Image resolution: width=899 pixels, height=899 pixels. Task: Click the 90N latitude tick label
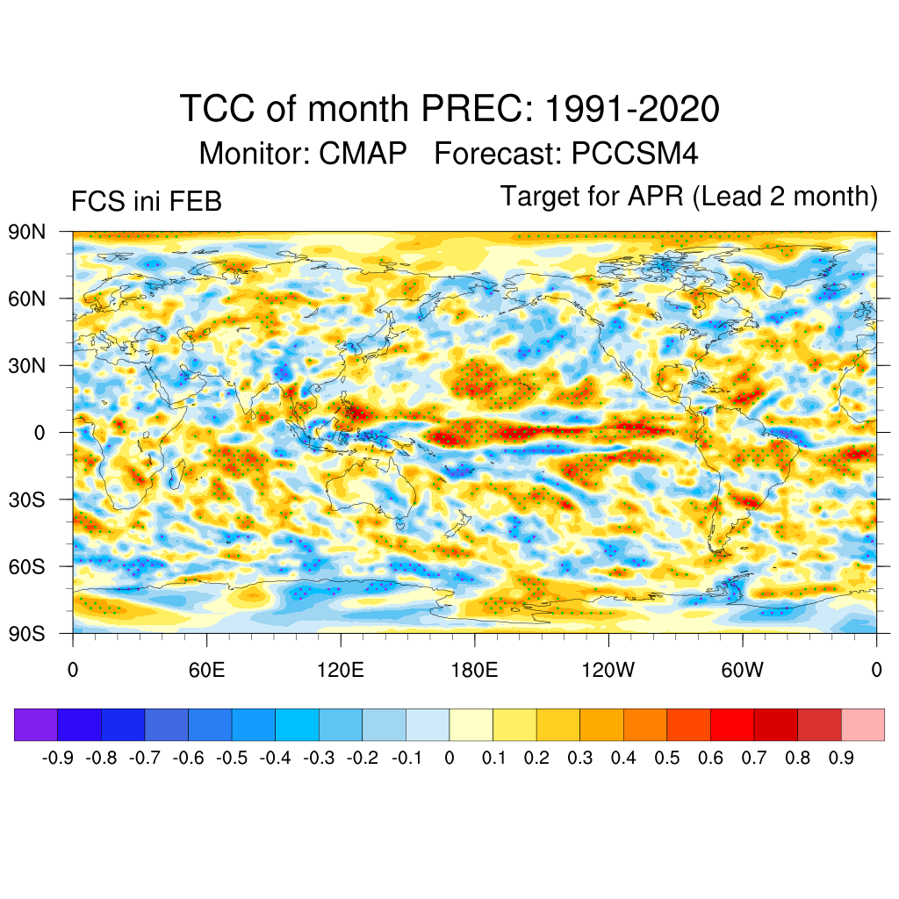click(x=27, y=232)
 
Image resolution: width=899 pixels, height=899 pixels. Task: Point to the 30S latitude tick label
click(x=27, y=500)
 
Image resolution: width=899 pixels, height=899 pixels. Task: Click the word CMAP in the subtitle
click(x=363, y=154)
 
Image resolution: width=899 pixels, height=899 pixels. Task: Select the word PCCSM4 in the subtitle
click(x=635, y=154)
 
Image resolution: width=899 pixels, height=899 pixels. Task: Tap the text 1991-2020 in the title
click(x=632, y=110)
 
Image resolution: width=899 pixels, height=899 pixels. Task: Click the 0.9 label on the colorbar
click(x=841, y=758)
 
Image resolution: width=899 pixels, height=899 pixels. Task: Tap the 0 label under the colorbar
click(x=449, y=758)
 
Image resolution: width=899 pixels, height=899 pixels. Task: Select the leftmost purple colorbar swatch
click(x=36, y=725)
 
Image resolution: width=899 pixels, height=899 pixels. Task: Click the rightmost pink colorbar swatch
click(x=862, y=725)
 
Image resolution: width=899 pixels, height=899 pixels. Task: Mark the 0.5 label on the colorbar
click(x=667, y=758)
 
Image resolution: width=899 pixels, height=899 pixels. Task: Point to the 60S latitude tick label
click(x=27, y=566)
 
